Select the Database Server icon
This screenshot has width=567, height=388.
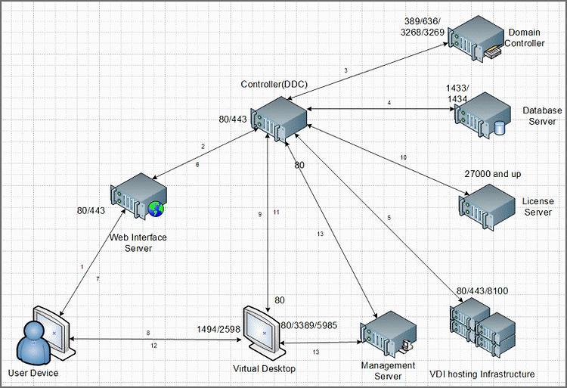[482, 114]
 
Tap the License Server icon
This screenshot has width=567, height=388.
[487, 206]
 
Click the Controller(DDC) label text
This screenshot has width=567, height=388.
[274, 84]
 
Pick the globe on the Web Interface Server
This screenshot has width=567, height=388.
[156, 209]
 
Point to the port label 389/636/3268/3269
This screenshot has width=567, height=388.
[422, 26]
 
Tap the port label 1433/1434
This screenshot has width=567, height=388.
[457, 93]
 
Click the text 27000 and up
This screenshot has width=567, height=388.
[492, 174]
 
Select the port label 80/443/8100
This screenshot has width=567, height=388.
[482, 291]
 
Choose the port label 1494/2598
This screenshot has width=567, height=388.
[218, 330]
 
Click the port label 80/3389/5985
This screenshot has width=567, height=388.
[308, 325]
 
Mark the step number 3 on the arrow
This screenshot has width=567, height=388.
[345, 70]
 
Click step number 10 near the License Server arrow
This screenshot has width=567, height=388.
[403, 157]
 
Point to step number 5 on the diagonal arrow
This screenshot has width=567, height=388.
[389, 218]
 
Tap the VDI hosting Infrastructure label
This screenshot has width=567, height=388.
[482, 374]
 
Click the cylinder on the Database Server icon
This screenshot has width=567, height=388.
[499, 128]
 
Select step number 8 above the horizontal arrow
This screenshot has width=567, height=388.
[148, 333]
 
